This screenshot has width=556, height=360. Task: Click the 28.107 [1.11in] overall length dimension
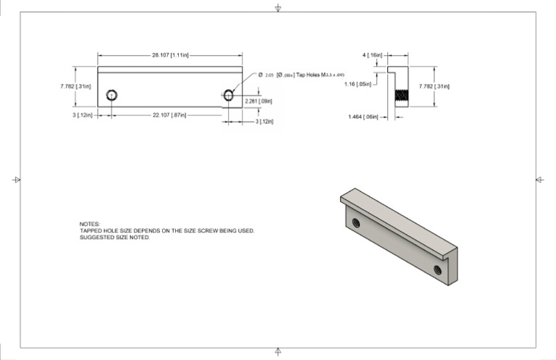click(170, 54)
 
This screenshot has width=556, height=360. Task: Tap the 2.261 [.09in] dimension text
click(258, 101)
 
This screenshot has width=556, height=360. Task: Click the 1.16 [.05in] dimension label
click(358, 83)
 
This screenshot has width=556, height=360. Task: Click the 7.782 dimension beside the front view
click(75, 85)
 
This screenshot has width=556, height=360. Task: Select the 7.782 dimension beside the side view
click(434, 86)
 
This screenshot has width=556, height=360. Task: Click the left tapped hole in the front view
click(112, 95)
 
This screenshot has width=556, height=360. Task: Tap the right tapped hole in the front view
click(229, 95)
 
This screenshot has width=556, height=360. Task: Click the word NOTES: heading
click(90, 225)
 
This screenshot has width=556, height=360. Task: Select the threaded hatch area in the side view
click(401, 96)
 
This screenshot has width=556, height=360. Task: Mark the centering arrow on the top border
click(278, 8)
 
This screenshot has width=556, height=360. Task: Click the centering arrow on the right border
click(539, 179)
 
